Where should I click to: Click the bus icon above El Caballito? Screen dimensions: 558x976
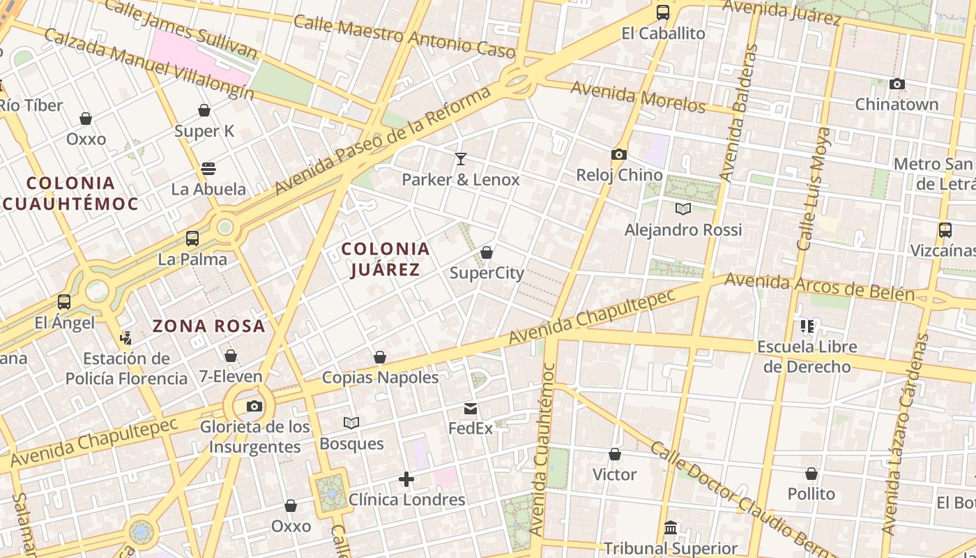pyautogui.click(x=662, y=13)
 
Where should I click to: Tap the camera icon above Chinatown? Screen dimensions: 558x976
pyautogui.click(x=897, y=84)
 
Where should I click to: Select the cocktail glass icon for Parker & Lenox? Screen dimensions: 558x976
pyautogui.click(x=460, y=159)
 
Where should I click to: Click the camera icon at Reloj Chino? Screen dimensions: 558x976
pyautogui.click(x=618, y=155)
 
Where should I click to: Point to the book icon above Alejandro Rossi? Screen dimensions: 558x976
pyautogui.click(x=683, y=209)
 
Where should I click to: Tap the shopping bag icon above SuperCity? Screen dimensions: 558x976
pyautogui.click(x=487, y=252)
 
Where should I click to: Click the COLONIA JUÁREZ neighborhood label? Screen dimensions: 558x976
pyautogui.click(x=385, y=259)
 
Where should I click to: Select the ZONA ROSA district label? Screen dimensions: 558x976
pyautogui.click(x=209, y=326)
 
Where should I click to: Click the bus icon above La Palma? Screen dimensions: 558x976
pyautogui.click(x=192, y=239)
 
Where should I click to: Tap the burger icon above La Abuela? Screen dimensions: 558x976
pyautogui.click(x=208, y=169)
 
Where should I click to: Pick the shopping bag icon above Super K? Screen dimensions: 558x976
pyautogui.click(x=204, y=110)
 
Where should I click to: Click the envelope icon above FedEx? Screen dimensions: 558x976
pyautogui.click(x=471, y=408)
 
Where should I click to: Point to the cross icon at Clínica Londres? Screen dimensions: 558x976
pyautogui.click(x=406, y=479)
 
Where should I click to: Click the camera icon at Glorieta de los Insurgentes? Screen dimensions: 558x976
pyautogui.click(x=254, y=407)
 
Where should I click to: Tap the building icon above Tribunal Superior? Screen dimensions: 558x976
pyautogui.click(x=671, y=527)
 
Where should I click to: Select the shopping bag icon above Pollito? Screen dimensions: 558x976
pyautogui.click(x=811, y=474)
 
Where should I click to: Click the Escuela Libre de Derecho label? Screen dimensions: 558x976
pyautogui.click(x=807, y=356)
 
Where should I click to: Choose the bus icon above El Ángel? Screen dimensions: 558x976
pyautogui.click(x=64, y=302)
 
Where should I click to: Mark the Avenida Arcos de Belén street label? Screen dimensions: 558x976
pyautogui.click(x=819, y=287)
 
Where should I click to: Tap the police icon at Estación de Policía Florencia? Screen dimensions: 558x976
pyautogui.click(x=125, y=338)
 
